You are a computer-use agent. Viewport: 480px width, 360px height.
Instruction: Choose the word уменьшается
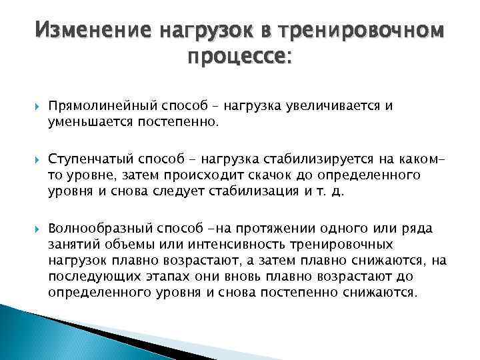[84, 121]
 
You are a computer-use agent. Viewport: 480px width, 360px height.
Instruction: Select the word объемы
[127, 245]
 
